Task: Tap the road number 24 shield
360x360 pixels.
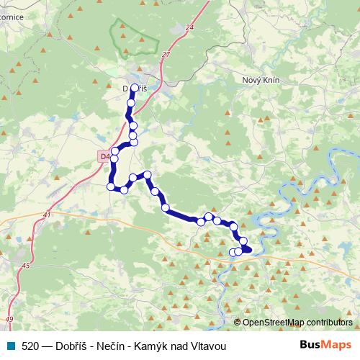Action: coord(189,27)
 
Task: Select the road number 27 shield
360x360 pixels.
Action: coord(166,54)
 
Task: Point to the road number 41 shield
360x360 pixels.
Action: coord(47,215)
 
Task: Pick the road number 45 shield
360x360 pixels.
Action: coord(26,266)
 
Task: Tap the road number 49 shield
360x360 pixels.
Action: coord(9,318)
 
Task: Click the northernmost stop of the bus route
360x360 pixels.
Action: coord(135,88)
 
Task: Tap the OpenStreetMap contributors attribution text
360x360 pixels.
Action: coord(297,322)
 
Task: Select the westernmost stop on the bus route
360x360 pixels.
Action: coord(111,186)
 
